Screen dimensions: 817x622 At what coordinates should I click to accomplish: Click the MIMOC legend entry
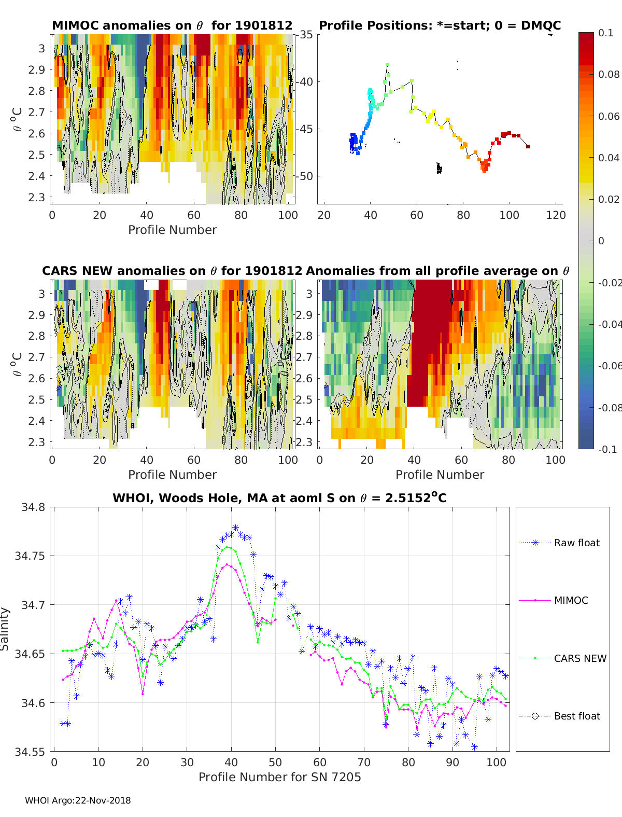[571, 600]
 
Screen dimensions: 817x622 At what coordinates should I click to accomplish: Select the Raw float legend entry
[576, 543]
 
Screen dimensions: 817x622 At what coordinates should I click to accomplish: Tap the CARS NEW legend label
[580, 658]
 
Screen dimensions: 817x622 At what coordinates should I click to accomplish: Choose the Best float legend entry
[576, 716]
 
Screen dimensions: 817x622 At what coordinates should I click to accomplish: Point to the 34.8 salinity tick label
[33, 507]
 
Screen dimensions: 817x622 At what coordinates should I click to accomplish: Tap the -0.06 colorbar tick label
[609, 366]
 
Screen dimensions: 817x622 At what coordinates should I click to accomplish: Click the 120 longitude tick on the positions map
[556, 215]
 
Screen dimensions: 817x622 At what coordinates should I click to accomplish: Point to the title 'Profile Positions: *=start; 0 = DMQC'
[440, 25]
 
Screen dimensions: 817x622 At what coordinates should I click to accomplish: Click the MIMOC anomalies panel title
[172, 25]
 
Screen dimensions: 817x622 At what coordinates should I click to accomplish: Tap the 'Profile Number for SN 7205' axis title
[279, 777]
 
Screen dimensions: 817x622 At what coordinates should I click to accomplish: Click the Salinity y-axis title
[5, 629]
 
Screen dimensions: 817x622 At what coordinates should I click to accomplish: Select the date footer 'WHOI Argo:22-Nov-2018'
[78, 800]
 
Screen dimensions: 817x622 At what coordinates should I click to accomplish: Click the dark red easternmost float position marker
[528, 147]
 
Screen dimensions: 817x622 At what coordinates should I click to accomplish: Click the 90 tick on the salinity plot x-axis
[453, 762]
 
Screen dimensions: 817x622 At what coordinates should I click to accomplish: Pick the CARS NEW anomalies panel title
[172, 271]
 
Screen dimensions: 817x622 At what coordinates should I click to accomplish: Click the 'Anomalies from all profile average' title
[437, 271]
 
